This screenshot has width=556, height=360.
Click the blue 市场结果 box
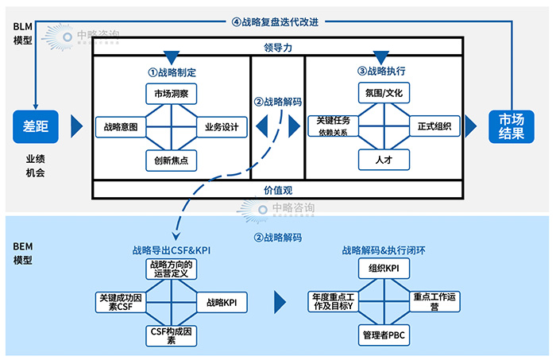pos(511,126)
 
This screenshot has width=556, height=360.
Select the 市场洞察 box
pos(171,94)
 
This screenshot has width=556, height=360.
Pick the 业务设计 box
pos(222,126)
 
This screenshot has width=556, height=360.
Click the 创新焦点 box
pos(171,160)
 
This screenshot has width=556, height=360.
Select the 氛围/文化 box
pos(384,93)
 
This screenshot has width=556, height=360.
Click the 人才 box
pos(384,160)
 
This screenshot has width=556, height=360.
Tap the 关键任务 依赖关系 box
pos(334,126)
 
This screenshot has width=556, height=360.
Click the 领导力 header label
pos(278,48)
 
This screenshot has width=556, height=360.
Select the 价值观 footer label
pos(278,191)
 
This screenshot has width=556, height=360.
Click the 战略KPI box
pos(222,303)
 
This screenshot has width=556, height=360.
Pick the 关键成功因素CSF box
pos(120,303)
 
